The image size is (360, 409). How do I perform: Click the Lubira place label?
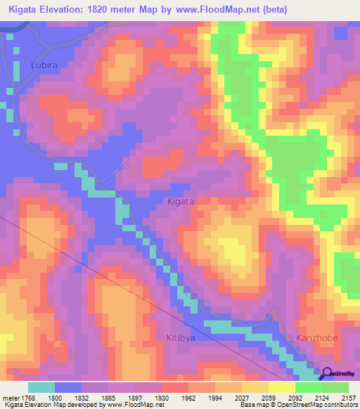(x=44, y=65)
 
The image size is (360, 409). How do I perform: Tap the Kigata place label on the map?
(x=181, y=201)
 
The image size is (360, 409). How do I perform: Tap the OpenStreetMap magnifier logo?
(x=326, y=374)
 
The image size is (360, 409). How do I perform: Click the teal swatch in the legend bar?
(x=41, y=387)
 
